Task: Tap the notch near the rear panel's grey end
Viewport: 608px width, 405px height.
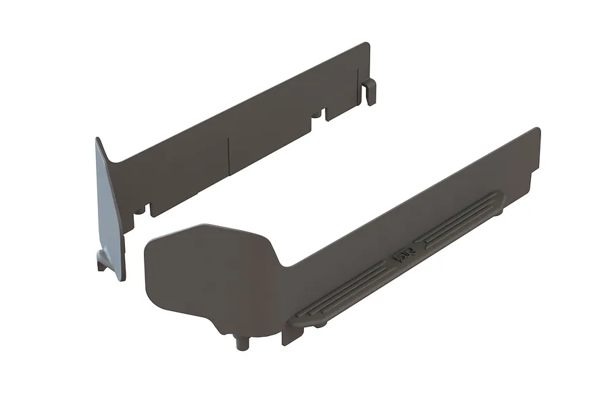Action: pyautogui.click(x=143, y=209)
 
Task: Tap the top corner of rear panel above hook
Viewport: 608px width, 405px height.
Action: pyautogui.click(x=367, y=45)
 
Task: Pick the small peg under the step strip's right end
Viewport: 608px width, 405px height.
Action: pyautogui.click(x=500, y=211)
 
